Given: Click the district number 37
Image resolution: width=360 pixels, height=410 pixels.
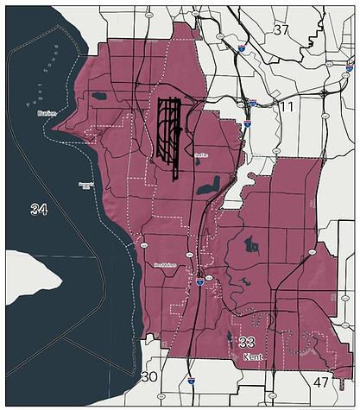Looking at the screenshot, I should [281, 31].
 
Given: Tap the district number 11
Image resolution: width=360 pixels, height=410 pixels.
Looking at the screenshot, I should [287, 107].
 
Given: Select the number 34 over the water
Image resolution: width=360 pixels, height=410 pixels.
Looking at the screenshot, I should [39, 210].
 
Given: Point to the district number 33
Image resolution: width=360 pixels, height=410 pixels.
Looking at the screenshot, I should [246, 343].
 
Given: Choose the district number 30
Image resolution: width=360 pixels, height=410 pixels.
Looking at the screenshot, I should [148, 376].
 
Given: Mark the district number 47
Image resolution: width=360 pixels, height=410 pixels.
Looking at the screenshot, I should [321, 382].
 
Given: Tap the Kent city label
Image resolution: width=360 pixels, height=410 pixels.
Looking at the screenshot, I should [252, 356].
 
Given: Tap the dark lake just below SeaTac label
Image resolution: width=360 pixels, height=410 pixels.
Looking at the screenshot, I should [207, 185].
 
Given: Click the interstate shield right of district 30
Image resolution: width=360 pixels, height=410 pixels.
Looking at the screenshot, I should [191, 378].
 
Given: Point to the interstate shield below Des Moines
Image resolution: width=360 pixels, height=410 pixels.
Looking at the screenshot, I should [199, 281].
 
